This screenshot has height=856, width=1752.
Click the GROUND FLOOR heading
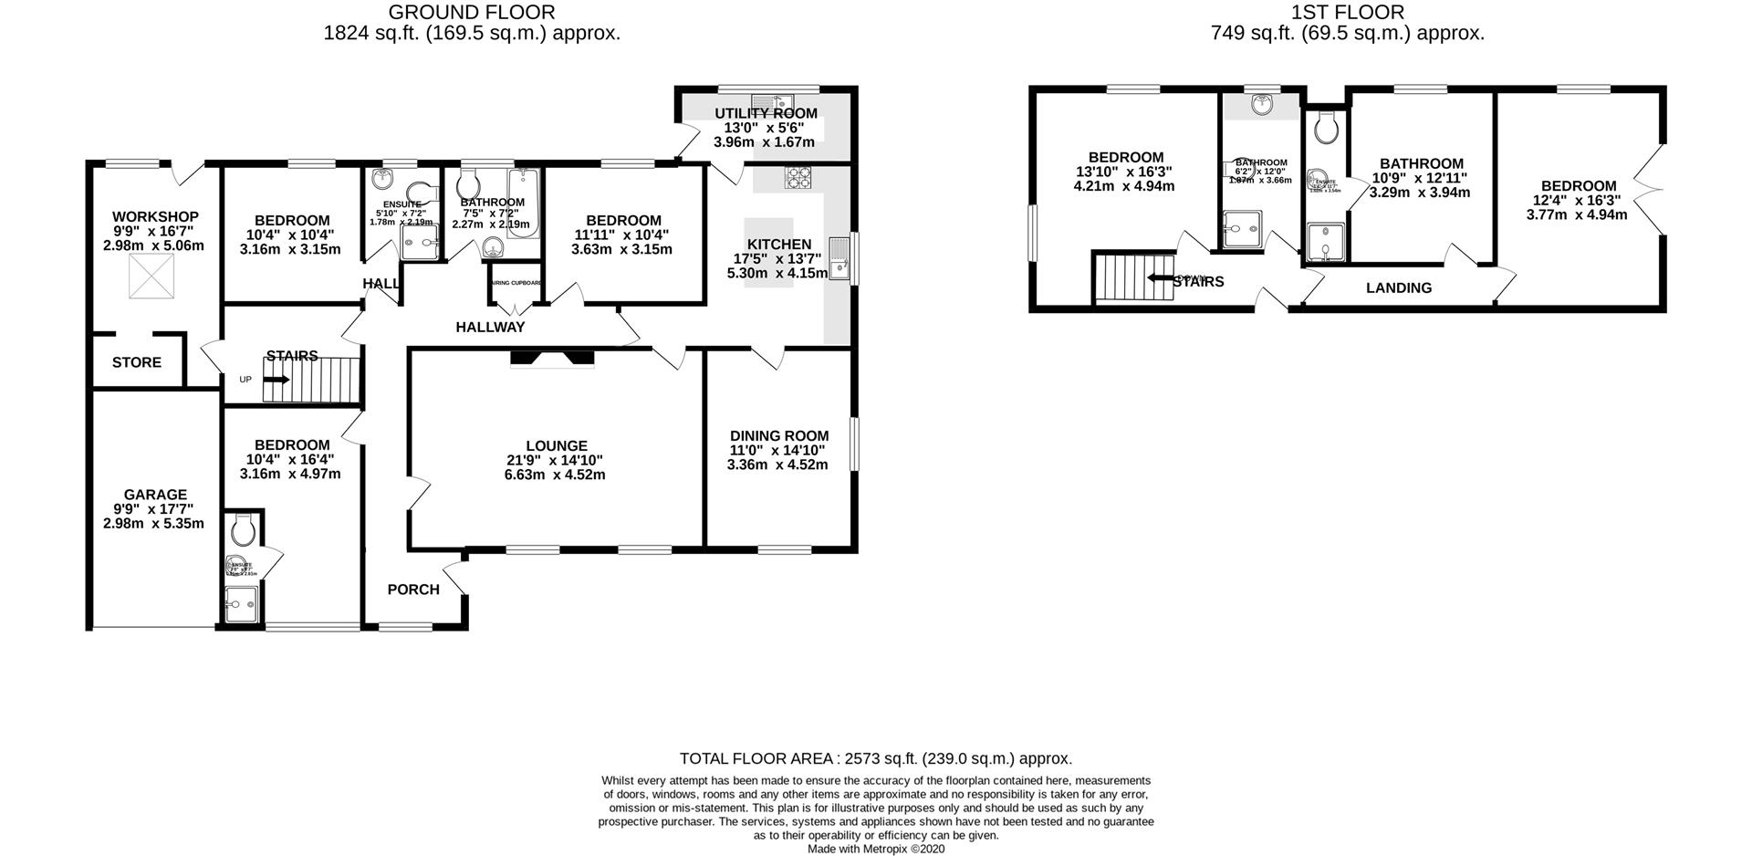pyautogui.click(x=472, y=12)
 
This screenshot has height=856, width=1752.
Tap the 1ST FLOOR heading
pyautogui.click(x=1347, y=12)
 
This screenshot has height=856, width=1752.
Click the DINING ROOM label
pyautogui.click(x=778, y=436)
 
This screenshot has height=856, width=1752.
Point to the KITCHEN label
pyautogui.click(x=778, y=245)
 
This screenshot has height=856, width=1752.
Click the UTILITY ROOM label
pyautogui.click(x=765, y=113)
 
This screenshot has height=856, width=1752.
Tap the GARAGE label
pyautogui.click(x=156, y=495)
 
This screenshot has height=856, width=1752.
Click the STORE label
pyautogui.click(x=137, y=362)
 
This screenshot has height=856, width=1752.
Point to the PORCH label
pyautogui.click(x=413, y=590)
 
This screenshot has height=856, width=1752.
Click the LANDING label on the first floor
pyautogui.click(x=1398, y=287)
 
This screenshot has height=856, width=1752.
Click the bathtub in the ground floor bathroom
pyautogui.click(x=524, y=203)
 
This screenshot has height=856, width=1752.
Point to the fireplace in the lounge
pyautogui.click(x=552, y=358)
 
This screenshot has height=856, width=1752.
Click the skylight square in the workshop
pyautogui.click(x=151, y=277)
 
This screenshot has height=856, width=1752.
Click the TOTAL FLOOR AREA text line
pyautogui.click(x=875, y=758)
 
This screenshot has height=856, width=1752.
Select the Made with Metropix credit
pyautogui.click(x=875, y=849)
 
